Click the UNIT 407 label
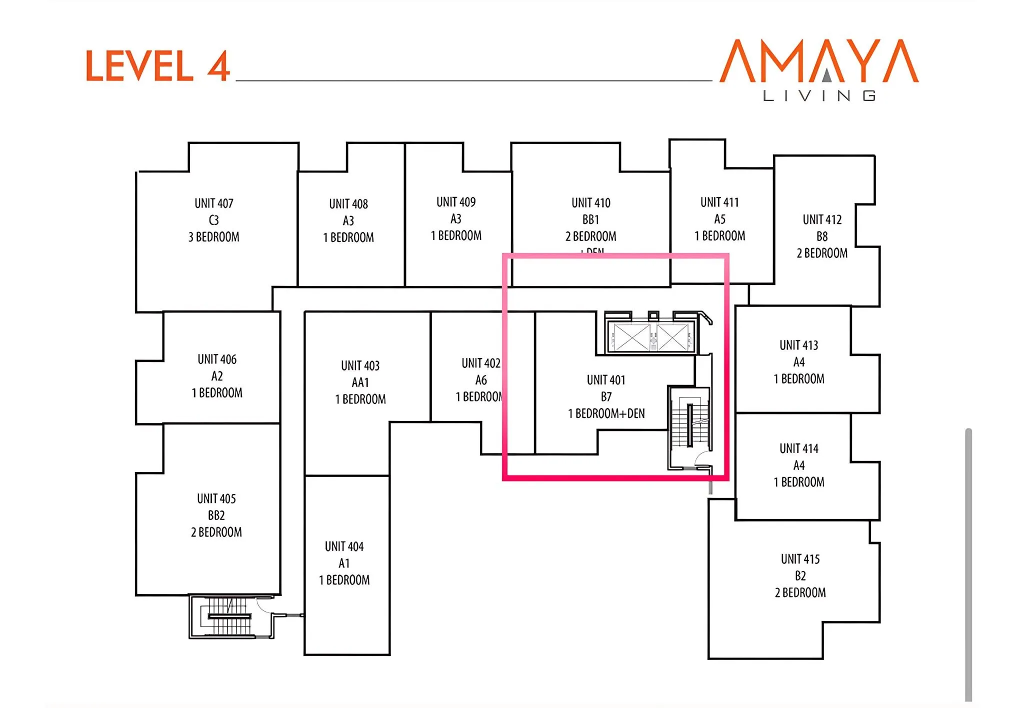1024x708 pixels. pyautogui.click(x=214, y=203)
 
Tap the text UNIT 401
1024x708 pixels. pyautogui.click(x=606, y=380)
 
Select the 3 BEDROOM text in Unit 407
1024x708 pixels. pyautogui.click(x=214, y=237)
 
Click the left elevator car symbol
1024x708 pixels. pyautogui.click(x=632, y=337)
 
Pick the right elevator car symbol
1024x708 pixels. pyautogui.click(x=672, y=337)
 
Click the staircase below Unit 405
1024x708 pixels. pyautogui.click(x=228, y=616)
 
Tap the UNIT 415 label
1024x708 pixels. pyautogui.click(x=800, y=559)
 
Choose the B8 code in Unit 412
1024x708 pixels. pyautogui.click(x=822, y=236)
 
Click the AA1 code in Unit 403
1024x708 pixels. pyautogui.click(x=360, y=382)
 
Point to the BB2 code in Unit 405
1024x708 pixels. pyautogui.click(x=216, y=515)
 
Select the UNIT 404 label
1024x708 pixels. pyautogui.click(x=344, y=546)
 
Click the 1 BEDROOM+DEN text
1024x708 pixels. pyautogui.click(x=606, y=413)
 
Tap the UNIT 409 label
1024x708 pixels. pyautogui.click(x=456, y=202)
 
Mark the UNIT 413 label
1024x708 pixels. pyautogui.click(x=799, y=345)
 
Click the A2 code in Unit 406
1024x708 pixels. pyautogui.click(x=217, y=376)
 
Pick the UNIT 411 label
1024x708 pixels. pyautogui.click(x=719, y=202)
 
